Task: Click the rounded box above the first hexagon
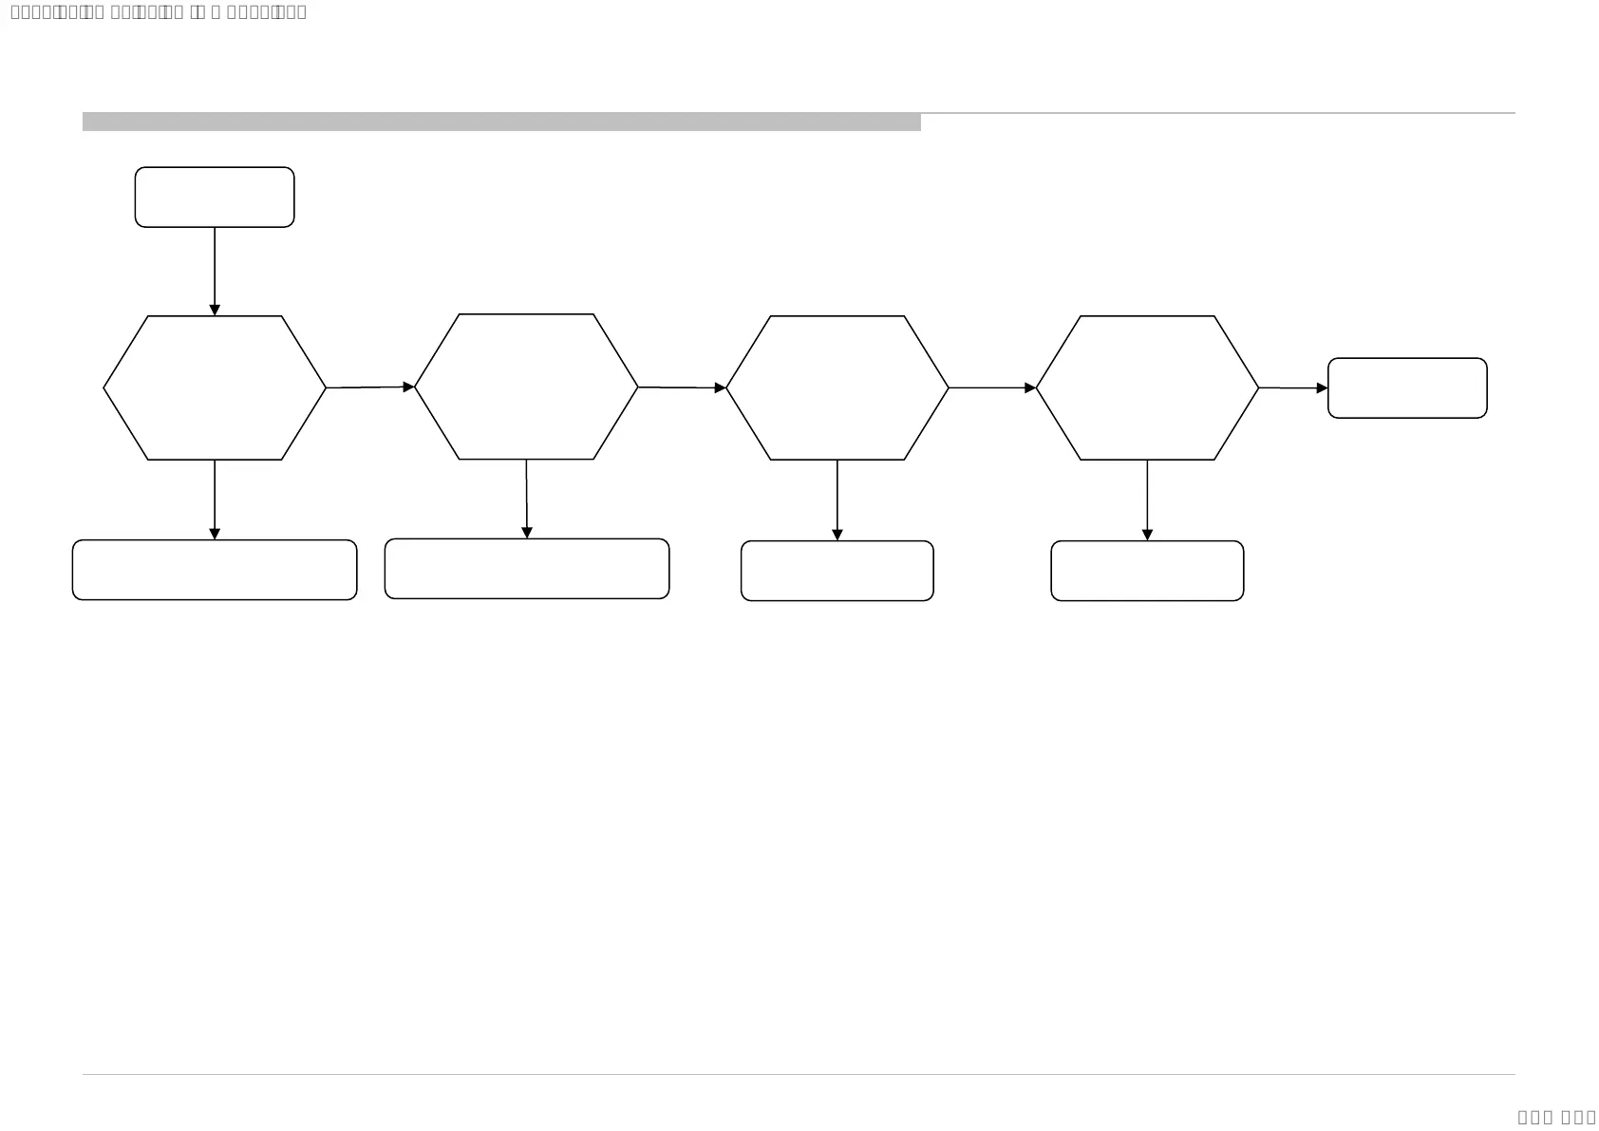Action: (215, 198)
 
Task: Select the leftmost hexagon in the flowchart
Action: (215, 387)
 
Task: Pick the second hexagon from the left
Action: (526, 386)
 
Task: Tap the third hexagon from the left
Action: (837, 387)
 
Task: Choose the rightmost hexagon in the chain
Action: (1147, 387)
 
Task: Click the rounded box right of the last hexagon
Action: (1407, 387)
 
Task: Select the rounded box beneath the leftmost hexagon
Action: (215, 570)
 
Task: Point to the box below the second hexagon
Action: (527, 569)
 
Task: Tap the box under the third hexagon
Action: (837, 571)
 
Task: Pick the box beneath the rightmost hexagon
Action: (1147, 571)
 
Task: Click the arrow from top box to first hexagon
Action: (215, 271)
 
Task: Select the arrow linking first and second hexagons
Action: (370, 387)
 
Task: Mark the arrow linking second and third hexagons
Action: (682, 387)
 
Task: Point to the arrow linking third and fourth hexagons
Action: (992, 387)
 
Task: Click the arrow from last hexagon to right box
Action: (1293, 387)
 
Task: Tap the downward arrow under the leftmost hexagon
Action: (215, 500)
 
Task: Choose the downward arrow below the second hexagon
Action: (527, 499)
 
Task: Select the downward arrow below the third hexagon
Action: (837, 500)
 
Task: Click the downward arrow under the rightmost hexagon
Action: (1147, 500)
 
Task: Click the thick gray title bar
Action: (501, 122)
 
